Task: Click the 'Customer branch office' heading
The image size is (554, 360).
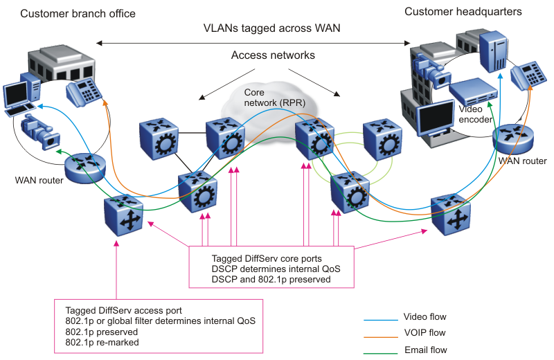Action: [x=78, y=14]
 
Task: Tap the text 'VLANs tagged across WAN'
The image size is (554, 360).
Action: [x=271, y=29]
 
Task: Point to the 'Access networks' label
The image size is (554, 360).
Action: [x=273, y=55]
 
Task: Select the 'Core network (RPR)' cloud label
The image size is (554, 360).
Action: [x=271, y=98]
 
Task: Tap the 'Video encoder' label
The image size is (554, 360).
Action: [x=474, y=114]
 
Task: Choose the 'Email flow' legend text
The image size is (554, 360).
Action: [x=425, y=350]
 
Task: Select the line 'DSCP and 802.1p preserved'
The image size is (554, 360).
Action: [x=271, y=279]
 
